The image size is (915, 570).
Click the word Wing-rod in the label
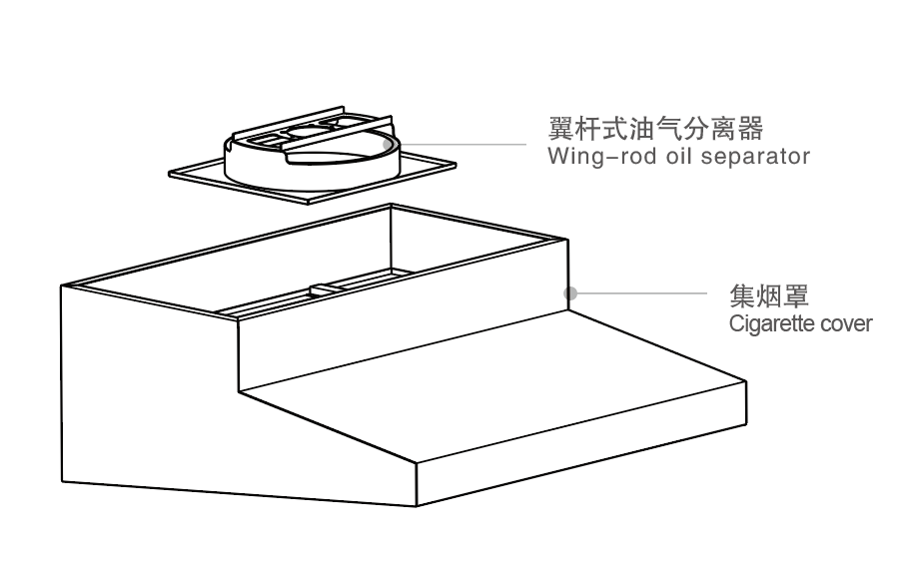(591, 157)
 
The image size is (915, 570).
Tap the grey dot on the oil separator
(388, 145)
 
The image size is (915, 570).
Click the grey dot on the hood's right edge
(570, 292)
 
